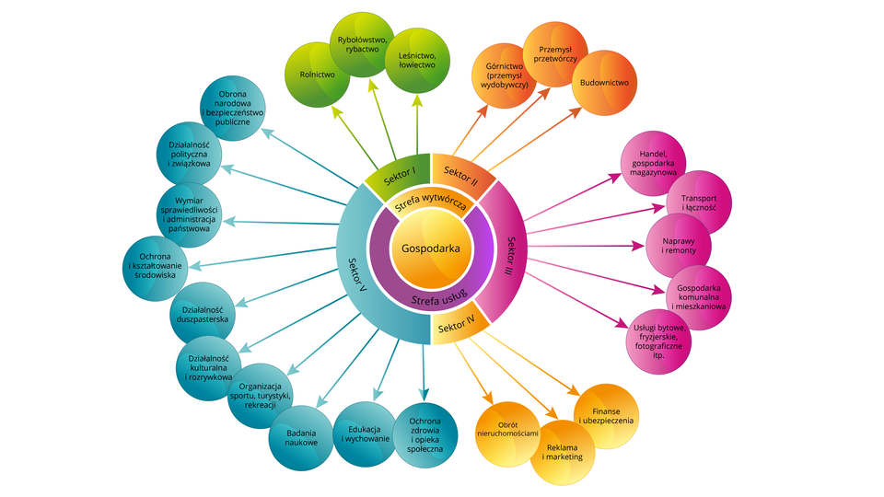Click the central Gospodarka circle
click(x=431, y=248)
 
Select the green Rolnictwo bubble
click(x=317, y=74)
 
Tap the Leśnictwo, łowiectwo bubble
click(x=417, y=60)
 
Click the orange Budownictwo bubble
click(x=603, y=83)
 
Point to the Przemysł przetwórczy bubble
click(x=556, y=52)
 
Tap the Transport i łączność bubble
click(x=699, y=202)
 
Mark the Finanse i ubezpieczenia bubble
click(x=606, y=415)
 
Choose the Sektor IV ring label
click(x=457, y=326)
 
